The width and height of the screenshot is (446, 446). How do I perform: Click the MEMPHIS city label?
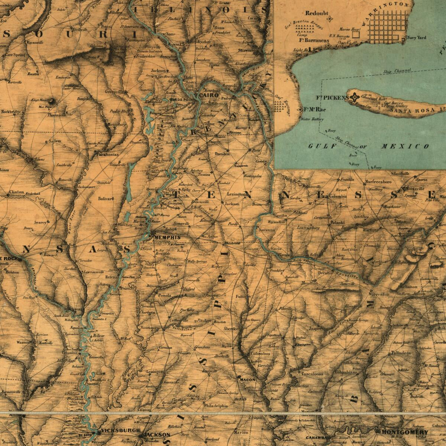click(x=167, y=237)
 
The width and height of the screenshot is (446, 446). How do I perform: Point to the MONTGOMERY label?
click(x=405, y=432)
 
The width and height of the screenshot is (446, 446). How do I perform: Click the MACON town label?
click(x=248, y=380)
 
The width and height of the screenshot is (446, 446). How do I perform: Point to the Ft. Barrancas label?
click(x=314, y=41)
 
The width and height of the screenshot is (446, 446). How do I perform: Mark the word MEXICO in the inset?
click(x=405, y=146)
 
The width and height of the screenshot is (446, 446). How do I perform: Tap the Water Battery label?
click(x=312, y=119)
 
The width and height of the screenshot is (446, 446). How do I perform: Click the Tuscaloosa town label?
click(x=312, y=374)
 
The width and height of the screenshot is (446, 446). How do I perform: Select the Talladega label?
click(x=400, y=353)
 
